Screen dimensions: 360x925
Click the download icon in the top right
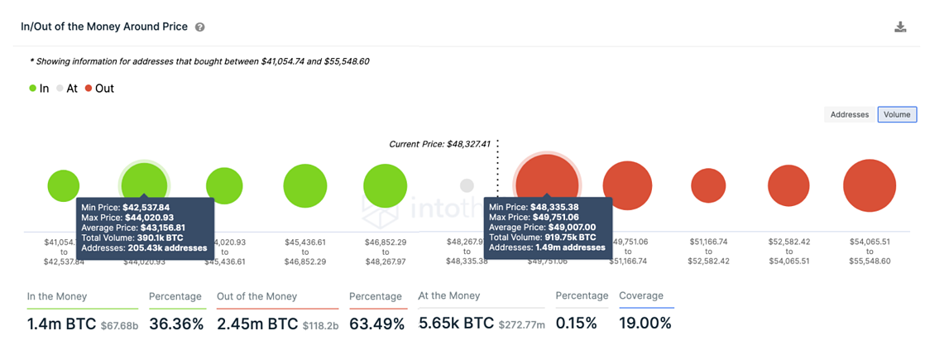tap(900, 27)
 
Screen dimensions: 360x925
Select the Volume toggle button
tap(897, 115)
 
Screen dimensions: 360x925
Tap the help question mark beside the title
tap(199, 27)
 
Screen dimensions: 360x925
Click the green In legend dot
tap(32, 89)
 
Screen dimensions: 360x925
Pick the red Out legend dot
tap(89, 89)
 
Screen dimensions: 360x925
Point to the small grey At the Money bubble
tap(467, 185)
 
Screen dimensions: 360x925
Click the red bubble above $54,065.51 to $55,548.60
tap(870, 185)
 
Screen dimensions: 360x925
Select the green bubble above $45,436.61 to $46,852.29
tap(305, 185)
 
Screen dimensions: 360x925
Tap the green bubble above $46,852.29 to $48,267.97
tap(385, 185)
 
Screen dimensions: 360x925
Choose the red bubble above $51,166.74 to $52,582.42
tap(708, 185)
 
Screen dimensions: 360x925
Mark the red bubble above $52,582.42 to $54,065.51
tap(788, 185)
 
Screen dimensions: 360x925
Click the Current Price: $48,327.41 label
tap(439, 144)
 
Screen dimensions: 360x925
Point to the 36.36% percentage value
tap(176, 324)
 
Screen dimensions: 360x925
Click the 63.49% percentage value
tap(376, 324)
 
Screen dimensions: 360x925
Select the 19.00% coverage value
tap(645, 324)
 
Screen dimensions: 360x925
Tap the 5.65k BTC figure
tap(456, 324)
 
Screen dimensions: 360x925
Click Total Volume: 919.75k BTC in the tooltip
tap(542, 238)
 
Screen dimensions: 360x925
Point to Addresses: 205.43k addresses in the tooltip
tap(144, 247)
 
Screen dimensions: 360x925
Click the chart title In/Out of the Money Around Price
tap(104, 26)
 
